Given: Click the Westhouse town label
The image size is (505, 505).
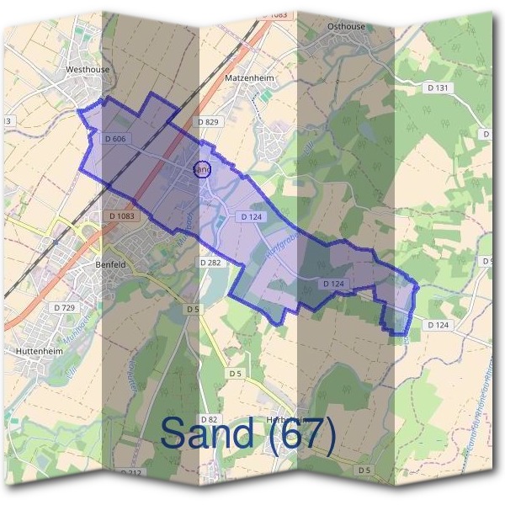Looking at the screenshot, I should pyautogui.click(x=88, y=70).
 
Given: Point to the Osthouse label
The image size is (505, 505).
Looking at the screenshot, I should pyautogui.click(x=347, y=26).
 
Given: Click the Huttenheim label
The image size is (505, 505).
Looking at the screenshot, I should pyautogui.click(x=39, y=349).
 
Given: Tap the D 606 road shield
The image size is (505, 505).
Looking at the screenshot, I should pyautogui.click(x=116, y=138).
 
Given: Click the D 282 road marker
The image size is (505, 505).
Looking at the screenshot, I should pyautogui.click(x=210, y=263).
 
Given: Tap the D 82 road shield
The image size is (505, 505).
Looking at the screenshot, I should pyautogui.click(x=210, y=418).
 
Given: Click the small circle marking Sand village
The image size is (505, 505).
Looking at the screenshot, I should pyautogui.click(x=201, y=169).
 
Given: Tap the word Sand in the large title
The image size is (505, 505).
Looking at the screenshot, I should pyautogui.click(x=206, y=433).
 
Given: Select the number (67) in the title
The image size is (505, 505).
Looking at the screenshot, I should pyautogui.click(x=303, y=433).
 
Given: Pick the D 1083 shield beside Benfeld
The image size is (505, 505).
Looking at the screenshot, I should pyautogui.click(x=121, y=216).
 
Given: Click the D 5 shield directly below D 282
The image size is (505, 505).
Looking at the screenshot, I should pyautogui.click(x=193, y=310).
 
